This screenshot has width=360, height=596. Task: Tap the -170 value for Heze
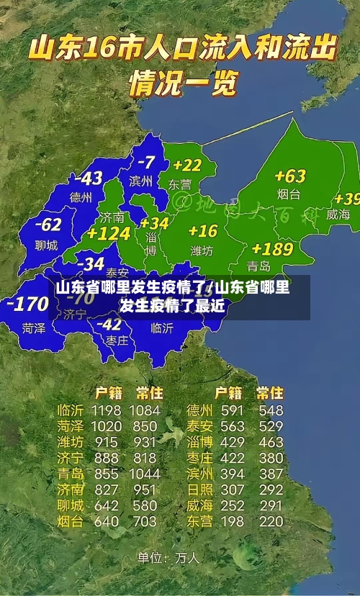click(27, 304)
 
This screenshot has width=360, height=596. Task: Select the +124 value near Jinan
click(108, 233)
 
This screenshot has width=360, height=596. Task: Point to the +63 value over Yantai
click(289, 176)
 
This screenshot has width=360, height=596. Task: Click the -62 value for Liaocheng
click(48, 225)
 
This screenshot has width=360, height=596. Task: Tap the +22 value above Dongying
click(186, 166)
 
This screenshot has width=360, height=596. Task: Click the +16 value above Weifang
click(202, 230)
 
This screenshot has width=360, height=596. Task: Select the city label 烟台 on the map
click(289, 194)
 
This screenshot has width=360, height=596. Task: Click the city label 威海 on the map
click(338, 214)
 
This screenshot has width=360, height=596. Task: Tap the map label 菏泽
click(33, 328)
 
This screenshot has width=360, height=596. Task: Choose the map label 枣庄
click(116, 340)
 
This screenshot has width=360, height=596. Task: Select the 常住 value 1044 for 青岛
click(145, 474)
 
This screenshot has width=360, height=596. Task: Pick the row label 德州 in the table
click(199, 411)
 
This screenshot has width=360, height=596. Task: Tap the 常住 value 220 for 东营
click(271, 521)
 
